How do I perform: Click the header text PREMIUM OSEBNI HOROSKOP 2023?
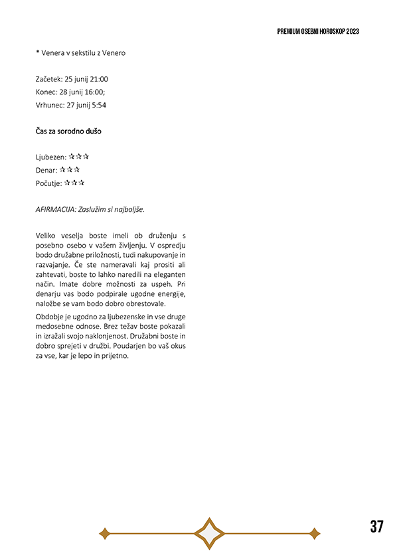tap(318, 31)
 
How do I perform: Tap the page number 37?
tap(376, 527)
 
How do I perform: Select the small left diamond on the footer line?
tap(104, 533)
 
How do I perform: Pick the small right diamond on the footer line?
tap(315, 533)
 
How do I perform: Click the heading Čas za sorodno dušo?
tap(68, 131)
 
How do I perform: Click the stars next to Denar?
tap(70, 170)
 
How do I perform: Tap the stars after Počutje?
tap(74, 183)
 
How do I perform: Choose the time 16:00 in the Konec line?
tap(94, 92)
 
